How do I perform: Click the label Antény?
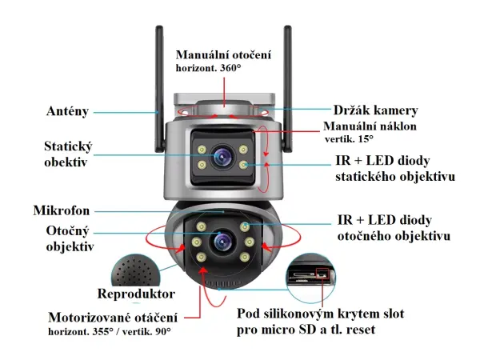pos(67,111)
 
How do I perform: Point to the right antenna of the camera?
pos(286,80)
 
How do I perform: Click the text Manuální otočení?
pos(224,54)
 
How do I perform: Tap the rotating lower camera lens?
pos(222,241)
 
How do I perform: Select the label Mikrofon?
pos(61,211)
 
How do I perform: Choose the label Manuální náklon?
pos(370,126)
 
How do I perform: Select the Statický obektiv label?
pos(68,154)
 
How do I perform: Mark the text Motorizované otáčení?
pos(113,316)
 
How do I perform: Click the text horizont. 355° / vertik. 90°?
pos(110,330)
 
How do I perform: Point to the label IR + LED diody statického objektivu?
pos(395,168)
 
